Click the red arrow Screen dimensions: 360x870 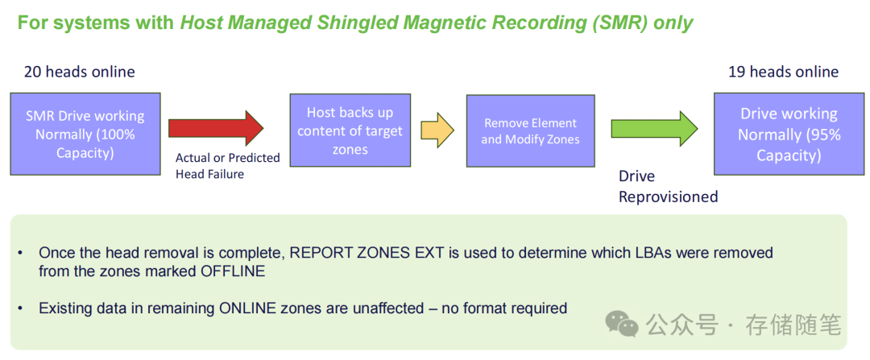tap(215, 128)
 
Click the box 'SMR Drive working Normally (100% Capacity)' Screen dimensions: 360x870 tap(85, 134)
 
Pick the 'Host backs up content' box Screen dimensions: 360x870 tap(350, 130)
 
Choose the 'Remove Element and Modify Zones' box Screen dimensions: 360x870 tap(530, 130)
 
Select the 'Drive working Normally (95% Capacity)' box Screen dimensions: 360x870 tap(789, 134)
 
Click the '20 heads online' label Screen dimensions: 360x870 tap(79, 72)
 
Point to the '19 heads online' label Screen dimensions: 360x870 tap(783, 72)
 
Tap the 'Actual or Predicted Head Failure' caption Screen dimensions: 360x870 tap(227, 165)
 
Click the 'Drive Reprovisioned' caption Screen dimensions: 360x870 tap(668, 186)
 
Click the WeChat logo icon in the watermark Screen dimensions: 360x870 tap(621, 324)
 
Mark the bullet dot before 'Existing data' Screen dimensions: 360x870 tap(21, 308)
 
